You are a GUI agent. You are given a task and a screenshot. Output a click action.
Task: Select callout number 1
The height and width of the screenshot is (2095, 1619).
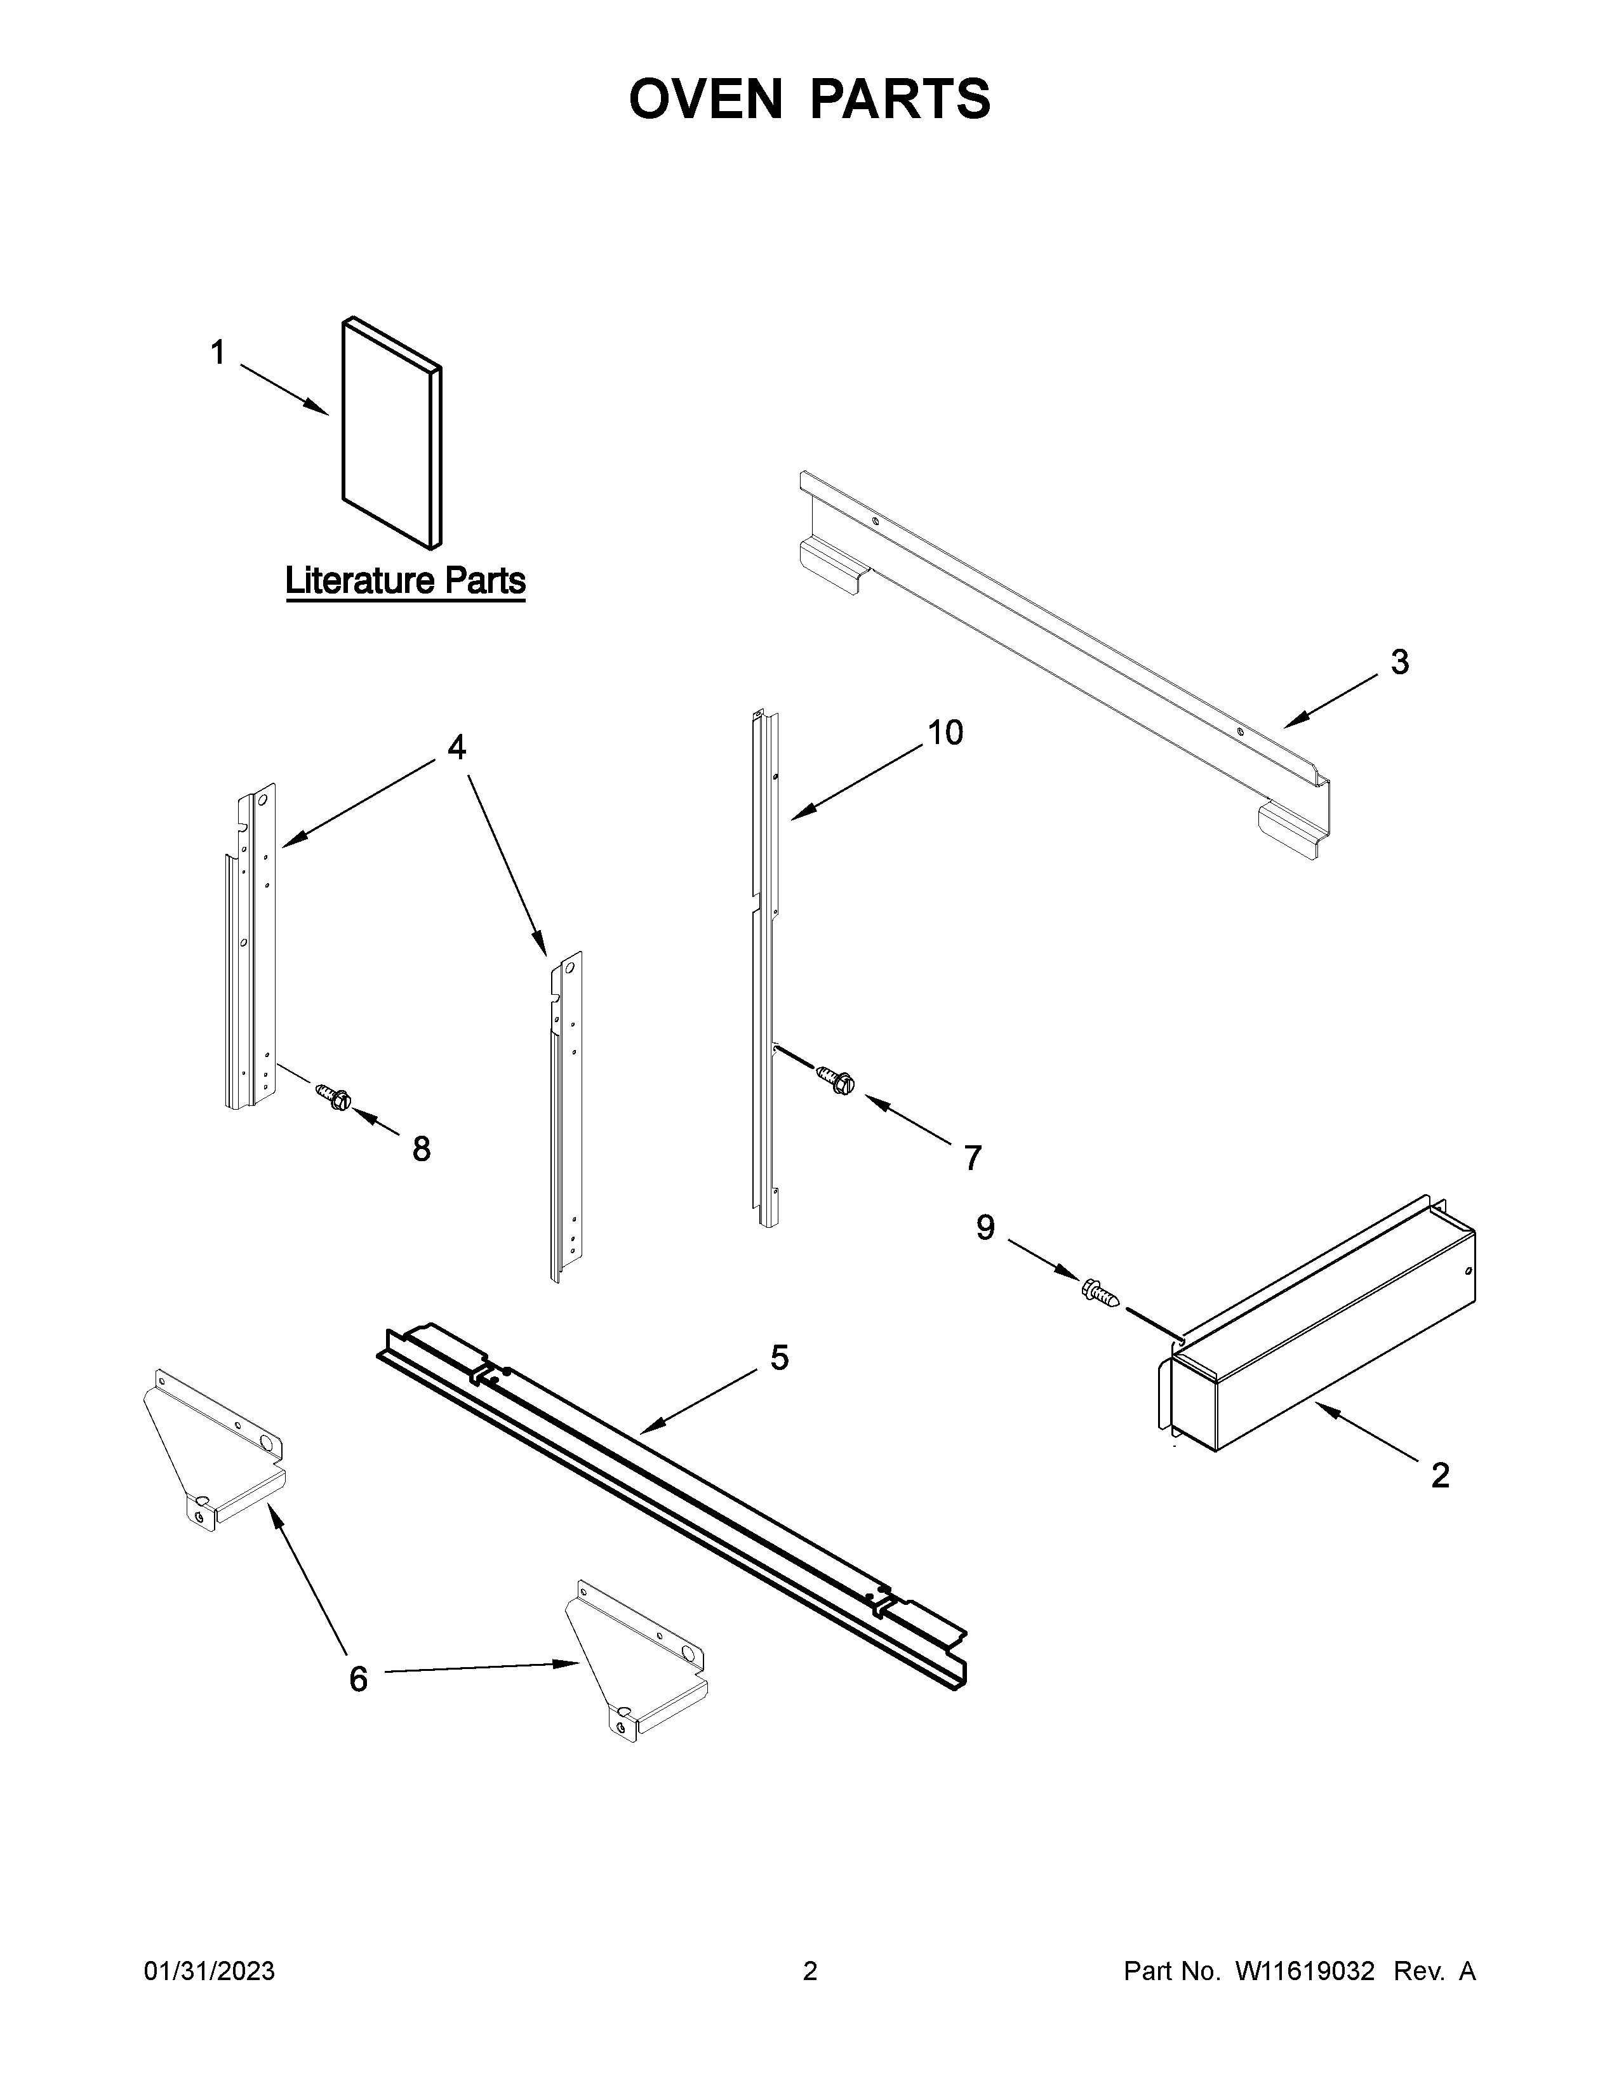218,353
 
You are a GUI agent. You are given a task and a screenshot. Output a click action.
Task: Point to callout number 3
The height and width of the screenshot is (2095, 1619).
1399,662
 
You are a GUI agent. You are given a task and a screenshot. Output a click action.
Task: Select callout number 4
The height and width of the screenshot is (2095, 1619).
456,747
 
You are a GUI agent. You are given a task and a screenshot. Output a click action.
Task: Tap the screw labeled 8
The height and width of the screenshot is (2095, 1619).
334,1094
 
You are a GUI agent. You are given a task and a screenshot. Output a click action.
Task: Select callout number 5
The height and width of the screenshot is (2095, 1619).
779,1357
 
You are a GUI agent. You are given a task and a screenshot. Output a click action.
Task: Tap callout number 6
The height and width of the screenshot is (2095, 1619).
357,1679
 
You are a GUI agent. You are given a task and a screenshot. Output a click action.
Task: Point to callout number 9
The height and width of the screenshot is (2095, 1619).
985,1227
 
